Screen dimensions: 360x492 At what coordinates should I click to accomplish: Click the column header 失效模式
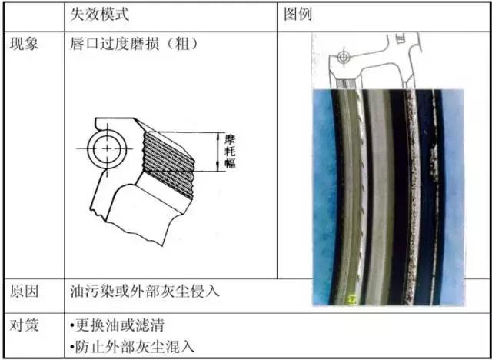tap(101, 15)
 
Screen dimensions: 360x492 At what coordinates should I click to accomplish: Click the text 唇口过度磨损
tap(115, 44)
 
